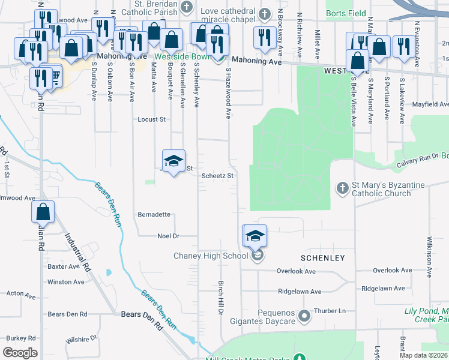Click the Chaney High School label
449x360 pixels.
[211, 256]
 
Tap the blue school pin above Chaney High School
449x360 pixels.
[255, 236]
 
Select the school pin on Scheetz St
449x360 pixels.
[173, 161]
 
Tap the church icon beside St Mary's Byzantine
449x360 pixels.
[342, 188]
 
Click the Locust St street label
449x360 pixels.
[152, 119]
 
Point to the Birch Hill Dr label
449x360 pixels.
[220, 298]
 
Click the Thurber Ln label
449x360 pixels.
[334, 311]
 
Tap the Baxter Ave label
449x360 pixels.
[64, 266]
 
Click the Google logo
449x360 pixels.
[20, 353]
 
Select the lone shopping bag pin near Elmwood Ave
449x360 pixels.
[43, 212]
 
